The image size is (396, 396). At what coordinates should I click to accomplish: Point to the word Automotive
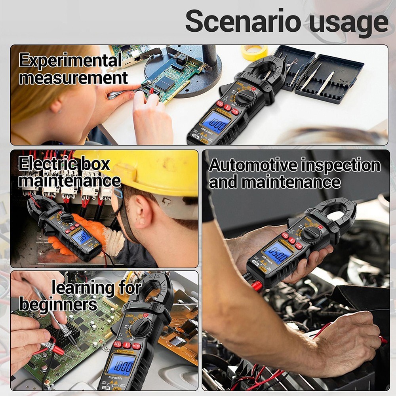tap(253, 165)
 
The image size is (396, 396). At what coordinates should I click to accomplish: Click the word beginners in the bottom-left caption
tap(58, 305)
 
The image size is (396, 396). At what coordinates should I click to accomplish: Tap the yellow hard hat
tap(158, 172)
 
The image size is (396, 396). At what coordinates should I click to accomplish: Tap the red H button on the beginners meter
tap(137, 346)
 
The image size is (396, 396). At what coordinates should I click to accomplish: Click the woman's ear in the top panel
tap(58, 106)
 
